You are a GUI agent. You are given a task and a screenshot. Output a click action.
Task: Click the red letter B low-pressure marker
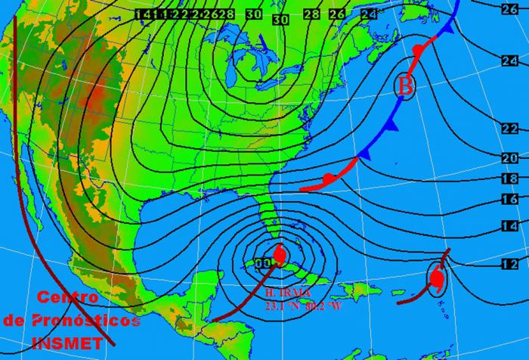tap(406, 87)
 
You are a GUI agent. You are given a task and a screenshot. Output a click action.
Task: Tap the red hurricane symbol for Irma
tap(279, 254)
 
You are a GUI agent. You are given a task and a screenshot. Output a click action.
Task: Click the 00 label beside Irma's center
tap(263, 263)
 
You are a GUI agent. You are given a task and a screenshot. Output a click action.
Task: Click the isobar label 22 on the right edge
tap(509, 128)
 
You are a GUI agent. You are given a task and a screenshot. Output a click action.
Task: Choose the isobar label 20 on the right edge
tap(509, 157)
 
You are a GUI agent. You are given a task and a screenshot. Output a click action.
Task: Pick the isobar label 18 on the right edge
tap(509, 179)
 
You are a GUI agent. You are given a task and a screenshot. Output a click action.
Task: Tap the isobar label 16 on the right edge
tap(509, 200)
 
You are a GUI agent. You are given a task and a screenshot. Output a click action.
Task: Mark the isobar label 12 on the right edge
tap(509, 264)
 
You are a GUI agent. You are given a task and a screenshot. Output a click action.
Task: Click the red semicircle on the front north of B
tap(418, 50)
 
